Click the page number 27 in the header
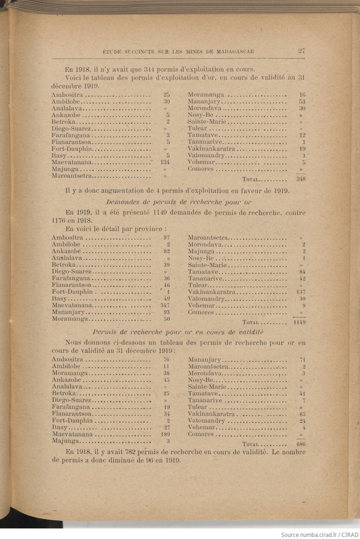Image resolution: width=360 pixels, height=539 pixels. pyautogui.click(x=302, y=51)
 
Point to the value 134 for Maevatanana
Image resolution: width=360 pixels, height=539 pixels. pyautogui.click(x=165, y=162)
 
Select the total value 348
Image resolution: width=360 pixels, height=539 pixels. pyautogui.click(x=301, y=179)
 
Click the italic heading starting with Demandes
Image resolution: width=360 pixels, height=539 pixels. pyautogui.click(x=179, y=202)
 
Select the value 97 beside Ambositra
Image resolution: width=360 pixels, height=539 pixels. pyautogui.click(x=166, y=237)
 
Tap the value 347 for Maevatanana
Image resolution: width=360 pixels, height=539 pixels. pyautogui.click(x=165, y=305)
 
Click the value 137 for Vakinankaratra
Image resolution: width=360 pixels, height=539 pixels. pyautogui.click(x=301, y=292)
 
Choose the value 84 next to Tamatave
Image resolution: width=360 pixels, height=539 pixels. pyautogui.click(x=302, y=272)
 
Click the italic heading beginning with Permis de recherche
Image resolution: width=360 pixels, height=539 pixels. pyautogui.click(x=178, y=332)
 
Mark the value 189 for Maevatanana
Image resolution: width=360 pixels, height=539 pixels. pyautogui.click(x=165, y=434)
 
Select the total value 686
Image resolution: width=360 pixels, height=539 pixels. pyautogui.click(x=301, y=444)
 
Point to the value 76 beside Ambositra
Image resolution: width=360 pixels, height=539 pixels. pyautogui.click(x=166, y=360)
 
